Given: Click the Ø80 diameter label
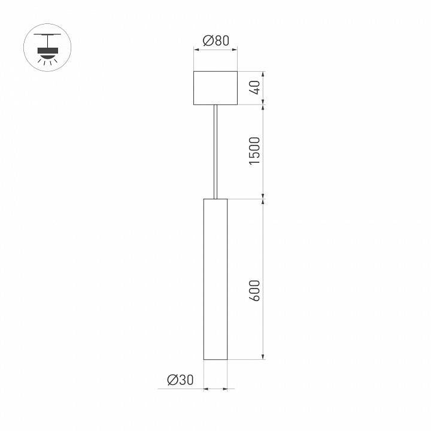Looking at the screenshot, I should (216, 41).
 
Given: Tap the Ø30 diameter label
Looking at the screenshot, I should (180, 379).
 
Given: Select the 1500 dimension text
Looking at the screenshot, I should (255, 151).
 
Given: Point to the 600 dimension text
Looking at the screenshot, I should (255, 290).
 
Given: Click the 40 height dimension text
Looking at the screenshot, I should (255, 88).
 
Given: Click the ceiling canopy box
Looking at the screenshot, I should (215, 89).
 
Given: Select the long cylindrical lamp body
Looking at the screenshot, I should (215, 278).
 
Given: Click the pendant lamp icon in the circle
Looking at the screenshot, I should (46, 47).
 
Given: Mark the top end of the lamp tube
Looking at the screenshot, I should (215, 199).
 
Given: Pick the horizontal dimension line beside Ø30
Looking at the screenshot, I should (215, 389).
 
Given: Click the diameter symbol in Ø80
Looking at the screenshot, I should (207, 41).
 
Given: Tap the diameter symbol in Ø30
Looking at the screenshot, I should (172, 379).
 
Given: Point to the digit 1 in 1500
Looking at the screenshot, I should (255, 164).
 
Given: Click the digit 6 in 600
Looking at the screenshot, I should (255, 299).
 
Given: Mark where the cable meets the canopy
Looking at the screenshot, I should (215, 106).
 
